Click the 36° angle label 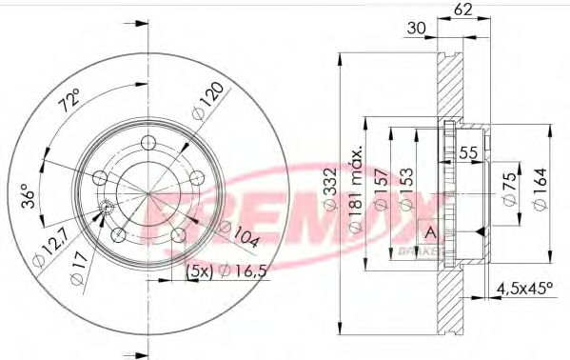(28, 197)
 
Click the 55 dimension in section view (467, 152)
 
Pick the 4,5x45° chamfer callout (526, 285)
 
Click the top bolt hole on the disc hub (148, 143)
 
